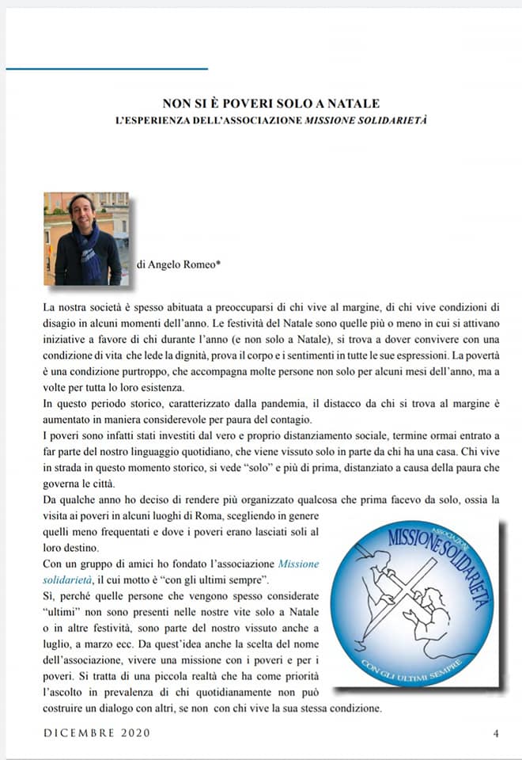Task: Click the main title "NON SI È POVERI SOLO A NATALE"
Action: (x=271, y=104)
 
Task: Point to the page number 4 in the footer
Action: (x=496, y=733)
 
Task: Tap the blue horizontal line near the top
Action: (x=107, y=69)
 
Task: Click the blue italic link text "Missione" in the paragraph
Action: (x=298, y=564)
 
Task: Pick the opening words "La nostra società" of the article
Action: (x=81, y=306)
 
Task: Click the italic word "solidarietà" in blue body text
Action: (x=69, y=579)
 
